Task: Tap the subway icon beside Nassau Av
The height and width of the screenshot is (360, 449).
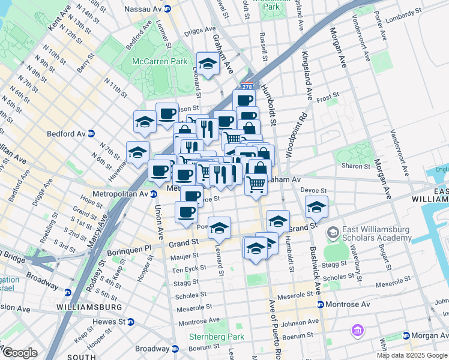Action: click(167, 9)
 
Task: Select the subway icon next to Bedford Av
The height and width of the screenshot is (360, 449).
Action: click(91, 133)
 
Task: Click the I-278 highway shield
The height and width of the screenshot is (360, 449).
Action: click(247, 87)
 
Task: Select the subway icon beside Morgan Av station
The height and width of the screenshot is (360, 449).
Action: click(406, 335)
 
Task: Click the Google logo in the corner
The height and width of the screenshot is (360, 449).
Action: click(19, 353)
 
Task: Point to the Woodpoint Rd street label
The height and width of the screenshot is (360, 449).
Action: click(296, 136)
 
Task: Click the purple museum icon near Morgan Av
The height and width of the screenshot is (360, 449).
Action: click(358, 331)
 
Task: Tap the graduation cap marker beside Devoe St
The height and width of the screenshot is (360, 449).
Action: click(316, 208)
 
